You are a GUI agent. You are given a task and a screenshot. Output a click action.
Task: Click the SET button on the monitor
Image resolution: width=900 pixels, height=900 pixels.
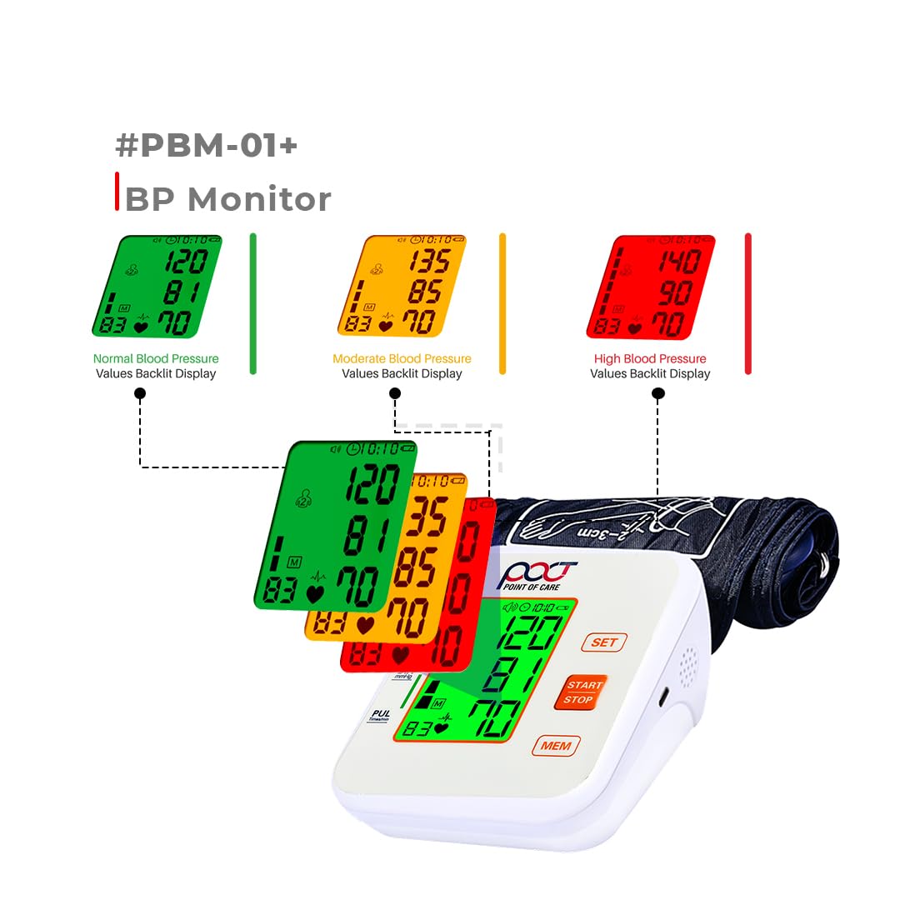(603, 642)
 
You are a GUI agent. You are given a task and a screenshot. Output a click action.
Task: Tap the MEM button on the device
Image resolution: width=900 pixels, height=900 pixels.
(556, 745)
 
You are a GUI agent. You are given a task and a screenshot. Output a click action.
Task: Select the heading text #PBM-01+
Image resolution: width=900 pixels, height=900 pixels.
(206, 146)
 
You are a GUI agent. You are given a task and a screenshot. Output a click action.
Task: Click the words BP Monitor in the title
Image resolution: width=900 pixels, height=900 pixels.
(227, 199)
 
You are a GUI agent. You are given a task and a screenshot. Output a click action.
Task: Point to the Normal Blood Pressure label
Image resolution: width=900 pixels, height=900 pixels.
(156, 359)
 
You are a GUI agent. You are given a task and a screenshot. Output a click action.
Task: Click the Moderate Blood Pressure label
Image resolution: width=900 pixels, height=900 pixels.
(402, 359)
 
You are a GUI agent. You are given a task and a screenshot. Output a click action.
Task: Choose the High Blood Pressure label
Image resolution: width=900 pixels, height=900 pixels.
(650, 359)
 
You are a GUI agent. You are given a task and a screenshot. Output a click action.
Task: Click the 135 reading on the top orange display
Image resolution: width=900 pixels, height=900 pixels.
(430, 261)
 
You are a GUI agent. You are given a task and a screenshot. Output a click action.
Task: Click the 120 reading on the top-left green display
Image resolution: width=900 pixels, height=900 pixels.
(185, 262)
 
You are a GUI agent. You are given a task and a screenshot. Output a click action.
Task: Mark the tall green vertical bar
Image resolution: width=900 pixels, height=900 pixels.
(253, 303)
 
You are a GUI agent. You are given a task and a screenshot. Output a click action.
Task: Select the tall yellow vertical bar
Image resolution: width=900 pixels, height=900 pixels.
(502, 303)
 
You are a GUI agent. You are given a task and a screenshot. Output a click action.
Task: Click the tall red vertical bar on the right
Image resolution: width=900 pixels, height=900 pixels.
(748, 303)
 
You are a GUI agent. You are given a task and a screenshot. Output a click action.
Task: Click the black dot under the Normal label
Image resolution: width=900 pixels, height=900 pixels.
(140, 397)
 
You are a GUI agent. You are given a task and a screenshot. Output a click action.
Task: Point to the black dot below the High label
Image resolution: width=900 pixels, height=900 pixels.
(658, 397)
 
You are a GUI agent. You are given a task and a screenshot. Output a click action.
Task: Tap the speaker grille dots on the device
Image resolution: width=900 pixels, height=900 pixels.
(688, 666)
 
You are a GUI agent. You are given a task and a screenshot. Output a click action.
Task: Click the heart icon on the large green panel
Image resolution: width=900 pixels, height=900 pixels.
(314, 593)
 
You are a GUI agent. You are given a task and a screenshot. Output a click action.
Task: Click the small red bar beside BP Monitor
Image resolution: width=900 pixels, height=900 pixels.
(117, 191)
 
